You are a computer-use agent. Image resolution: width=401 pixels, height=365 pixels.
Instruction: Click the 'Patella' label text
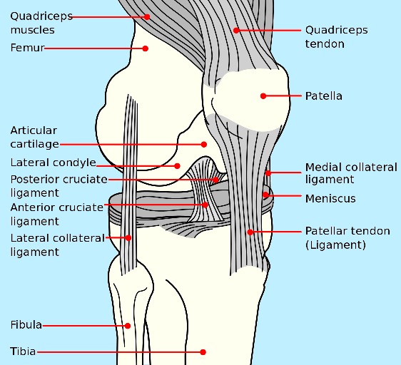[x=323, y=96]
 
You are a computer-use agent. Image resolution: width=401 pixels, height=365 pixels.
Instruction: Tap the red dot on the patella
[x=263, y=96]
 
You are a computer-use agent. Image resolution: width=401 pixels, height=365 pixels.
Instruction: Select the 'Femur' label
[x=28, y=48]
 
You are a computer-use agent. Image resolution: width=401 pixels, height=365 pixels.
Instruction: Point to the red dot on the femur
[x=145, y=48]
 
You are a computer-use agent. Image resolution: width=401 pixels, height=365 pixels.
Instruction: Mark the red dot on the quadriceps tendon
[x=236, y=30]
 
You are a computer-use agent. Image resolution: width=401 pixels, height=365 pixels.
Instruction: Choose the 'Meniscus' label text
[x=330, y=199]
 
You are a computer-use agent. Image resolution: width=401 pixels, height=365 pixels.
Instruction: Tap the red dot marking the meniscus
[x=265, y=194]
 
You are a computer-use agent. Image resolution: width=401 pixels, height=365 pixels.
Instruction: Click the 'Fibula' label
[x=26, y=325]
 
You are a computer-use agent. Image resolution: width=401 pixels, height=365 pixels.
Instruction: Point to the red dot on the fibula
[x=128, y=325]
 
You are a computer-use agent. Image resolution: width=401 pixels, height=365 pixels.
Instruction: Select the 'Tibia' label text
[x=24, y=351]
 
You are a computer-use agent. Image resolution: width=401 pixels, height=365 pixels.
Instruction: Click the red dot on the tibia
[x=203, y=351]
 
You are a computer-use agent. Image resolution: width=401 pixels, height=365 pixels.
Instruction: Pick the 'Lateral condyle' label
[x=53, y=163]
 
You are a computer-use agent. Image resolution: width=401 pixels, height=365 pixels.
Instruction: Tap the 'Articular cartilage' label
[x=34, y=138]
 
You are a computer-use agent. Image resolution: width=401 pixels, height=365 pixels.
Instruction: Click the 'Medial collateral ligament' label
[x=350, y=173]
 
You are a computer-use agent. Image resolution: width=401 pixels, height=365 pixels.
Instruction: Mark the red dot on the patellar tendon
[x=250, y=232]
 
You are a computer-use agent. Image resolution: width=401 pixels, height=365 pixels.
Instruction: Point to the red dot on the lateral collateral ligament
[x=128, y=237]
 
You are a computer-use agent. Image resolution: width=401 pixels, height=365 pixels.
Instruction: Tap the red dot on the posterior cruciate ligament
[x=215, y=180]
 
